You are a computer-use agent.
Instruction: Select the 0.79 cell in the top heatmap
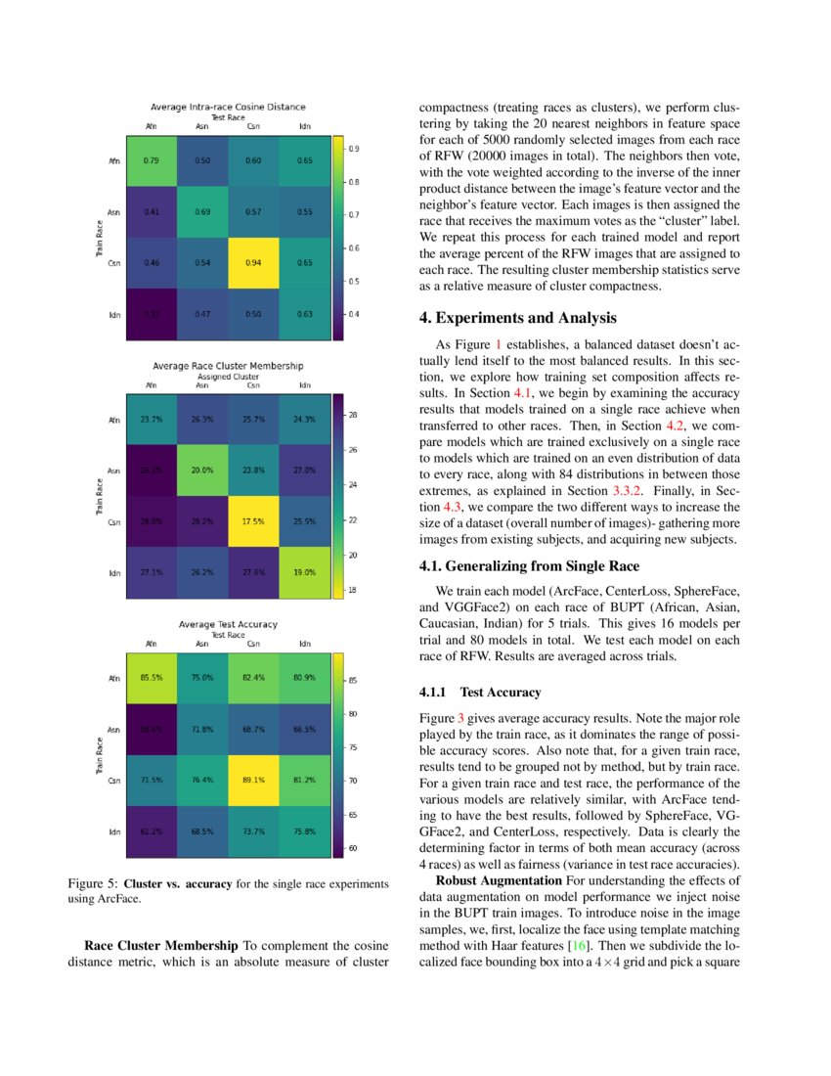152,159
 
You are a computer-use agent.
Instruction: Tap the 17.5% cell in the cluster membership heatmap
253,521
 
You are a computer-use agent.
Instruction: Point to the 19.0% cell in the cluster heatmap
304,573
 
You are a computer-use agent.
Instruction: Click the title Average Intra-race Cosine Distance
228,107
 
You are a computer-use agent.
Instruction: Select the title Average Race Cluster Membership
227,366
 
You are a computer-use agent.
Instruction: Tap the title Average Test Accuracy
228,624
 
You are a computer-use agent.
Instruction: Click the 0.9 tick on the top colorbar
354,149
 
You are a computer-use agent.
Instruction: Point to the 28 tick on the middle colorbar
354,415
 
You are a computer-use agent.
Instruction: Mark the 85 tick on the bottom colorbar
354,680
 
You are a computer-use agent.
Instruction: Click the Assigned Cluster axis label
228,376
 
